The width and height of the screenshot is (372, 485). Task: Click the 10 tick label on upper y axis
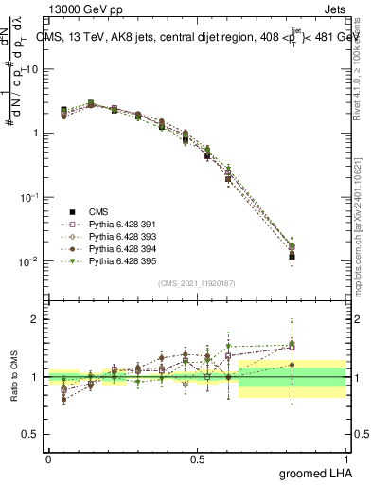(31, 69)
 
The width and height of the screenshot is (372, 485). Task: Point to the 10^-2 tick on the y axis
(28, 261)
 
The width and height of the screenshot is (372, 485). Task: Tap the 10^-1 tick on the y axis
(28, 197)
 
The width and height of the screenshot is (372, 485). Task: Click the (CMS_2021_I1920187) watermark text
(197, 282)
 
